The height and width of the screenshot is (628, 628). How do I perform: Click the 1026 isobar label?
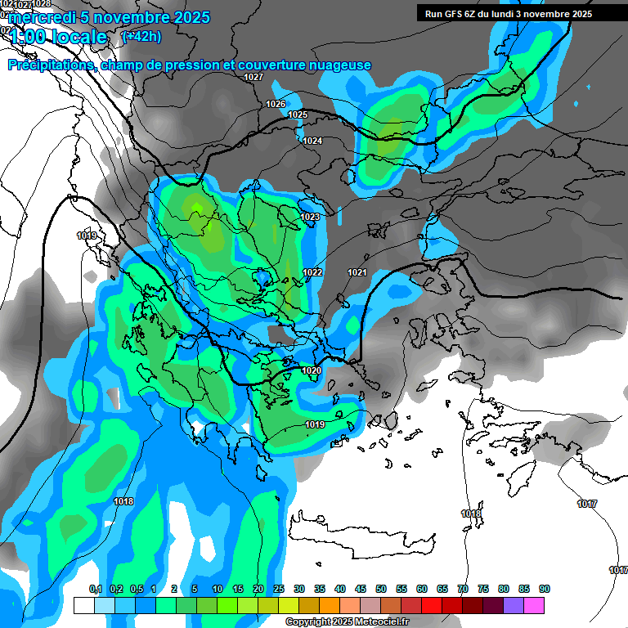[276, 104]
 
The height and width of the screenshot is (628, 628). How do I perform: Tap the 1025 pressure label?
[298, 114]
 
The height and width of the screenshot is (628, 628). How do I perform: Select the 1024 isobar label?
[312, 141]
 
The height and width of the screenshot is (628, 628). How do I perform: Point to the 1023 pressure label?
[310, 217]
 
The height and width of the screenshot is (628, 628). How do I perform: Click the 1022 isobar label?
[312, 272]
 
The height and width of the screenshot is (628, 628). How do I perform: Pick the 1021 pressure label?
[357, 272]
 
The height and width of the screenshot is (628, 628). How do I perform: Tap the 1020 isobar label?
[312, 370]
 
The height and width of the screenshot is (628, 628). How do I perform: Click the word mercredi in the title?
[38, 17]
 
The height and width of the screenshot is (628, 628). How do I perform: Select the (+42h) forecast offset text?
[141, 37]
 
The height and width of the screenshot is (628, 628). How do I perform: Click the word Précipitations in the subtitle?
[50, 65]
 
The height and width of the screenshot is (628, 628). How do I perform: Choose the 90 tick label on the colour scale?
[544, 590]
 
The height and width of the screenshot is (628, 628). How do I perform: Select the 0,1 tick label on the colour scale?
[95, 590]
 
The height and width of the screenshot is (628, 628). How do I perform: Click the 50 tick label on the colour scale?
[381, 590]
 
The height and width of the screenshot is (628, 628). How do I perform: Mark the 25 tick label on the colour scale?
[279, 590]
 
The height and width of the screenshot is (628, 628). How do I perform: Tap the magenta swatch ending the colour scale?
[534, 605]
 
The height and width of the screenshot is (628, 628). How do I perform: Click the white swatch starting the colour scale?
[84, 605]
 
